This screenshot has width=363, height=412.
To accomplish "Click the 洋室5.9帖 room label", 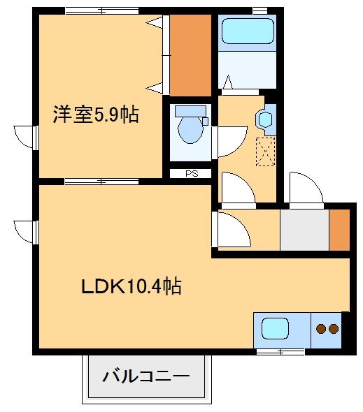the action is [96, 115].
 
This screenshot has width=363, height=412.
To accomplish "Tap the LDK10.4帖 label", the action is [131, 286].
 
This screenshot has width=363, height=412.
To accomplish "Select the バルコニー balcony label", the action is [146, 377].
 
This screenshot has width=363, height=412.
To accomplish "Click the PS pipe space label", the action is [192, 174].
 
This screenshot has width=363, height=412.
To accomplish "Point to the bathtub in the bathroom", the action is [248, 31].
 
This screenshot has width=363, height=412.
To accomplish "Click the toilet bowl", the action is [190, 130].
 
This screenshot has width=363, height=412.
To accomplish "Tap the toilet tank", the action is [190, 111].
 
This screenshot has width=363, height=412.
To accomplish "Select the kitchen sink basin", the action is [275, 328].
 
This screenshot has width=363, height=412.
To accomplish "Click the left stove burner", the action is [321, 329].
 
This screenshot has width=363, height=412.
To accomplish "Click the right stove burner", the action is [334, 329].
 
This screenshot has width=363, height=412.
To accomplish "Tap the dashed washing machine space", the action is [266, 152].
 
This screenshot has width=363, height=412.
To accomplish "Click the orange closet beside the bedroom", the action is [190, 55].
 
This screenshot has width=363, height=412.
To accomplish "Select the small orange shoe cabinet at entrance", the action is [340, 230].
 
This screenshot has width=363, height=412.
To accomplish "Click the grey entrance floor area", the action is [304, 230].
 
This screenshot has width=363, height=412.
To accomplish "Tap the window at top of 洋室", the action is [102, 10].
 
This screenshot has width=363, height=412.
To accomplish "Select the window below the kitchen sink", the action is [280, 351].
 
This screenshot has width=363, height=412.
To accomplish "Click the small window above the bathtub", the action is [260, 10].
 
